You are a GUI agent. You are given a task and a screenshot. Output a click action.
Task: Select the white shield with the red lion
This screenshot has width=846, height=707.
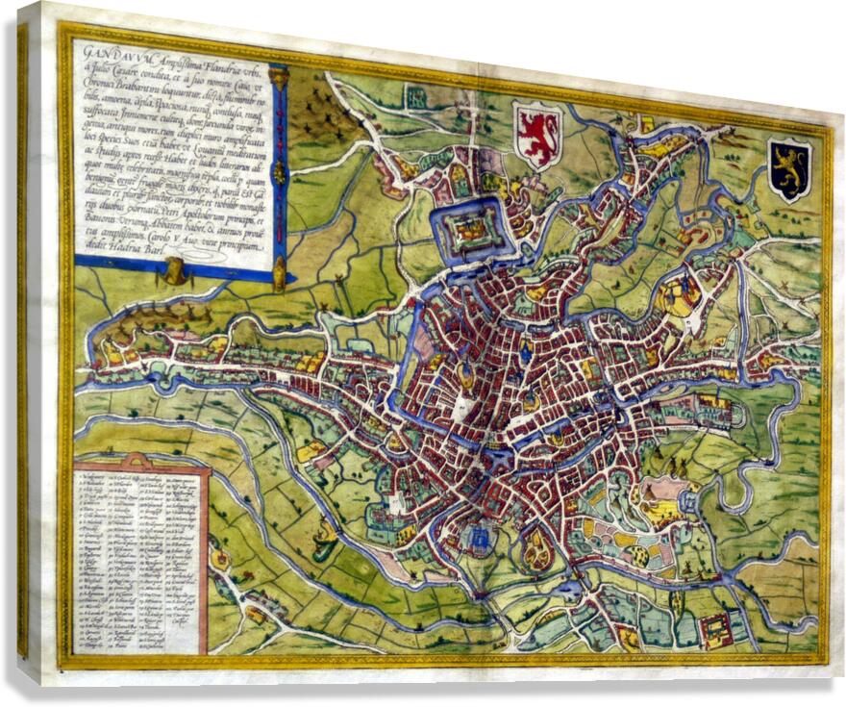point(537,134)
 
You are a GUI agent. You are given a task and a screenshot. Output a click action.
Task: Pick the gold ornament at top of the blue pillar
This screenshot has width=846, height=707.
point(278,76)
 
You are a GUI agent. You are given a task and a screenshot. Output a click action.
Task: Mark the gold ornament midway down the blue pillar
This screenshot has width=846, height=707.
point(279,173)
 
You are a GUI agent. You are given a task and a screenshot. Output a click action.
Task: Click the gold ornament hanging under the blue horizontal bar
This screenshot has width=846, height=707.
point(174,272)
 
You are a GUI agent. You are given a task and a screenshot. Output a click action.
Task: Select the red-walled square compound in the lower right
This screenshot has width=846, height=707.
point(715,630)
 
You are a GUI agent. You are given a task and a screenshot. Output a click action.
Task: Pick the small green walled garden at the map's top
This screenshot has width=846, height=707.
point(417,95)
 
